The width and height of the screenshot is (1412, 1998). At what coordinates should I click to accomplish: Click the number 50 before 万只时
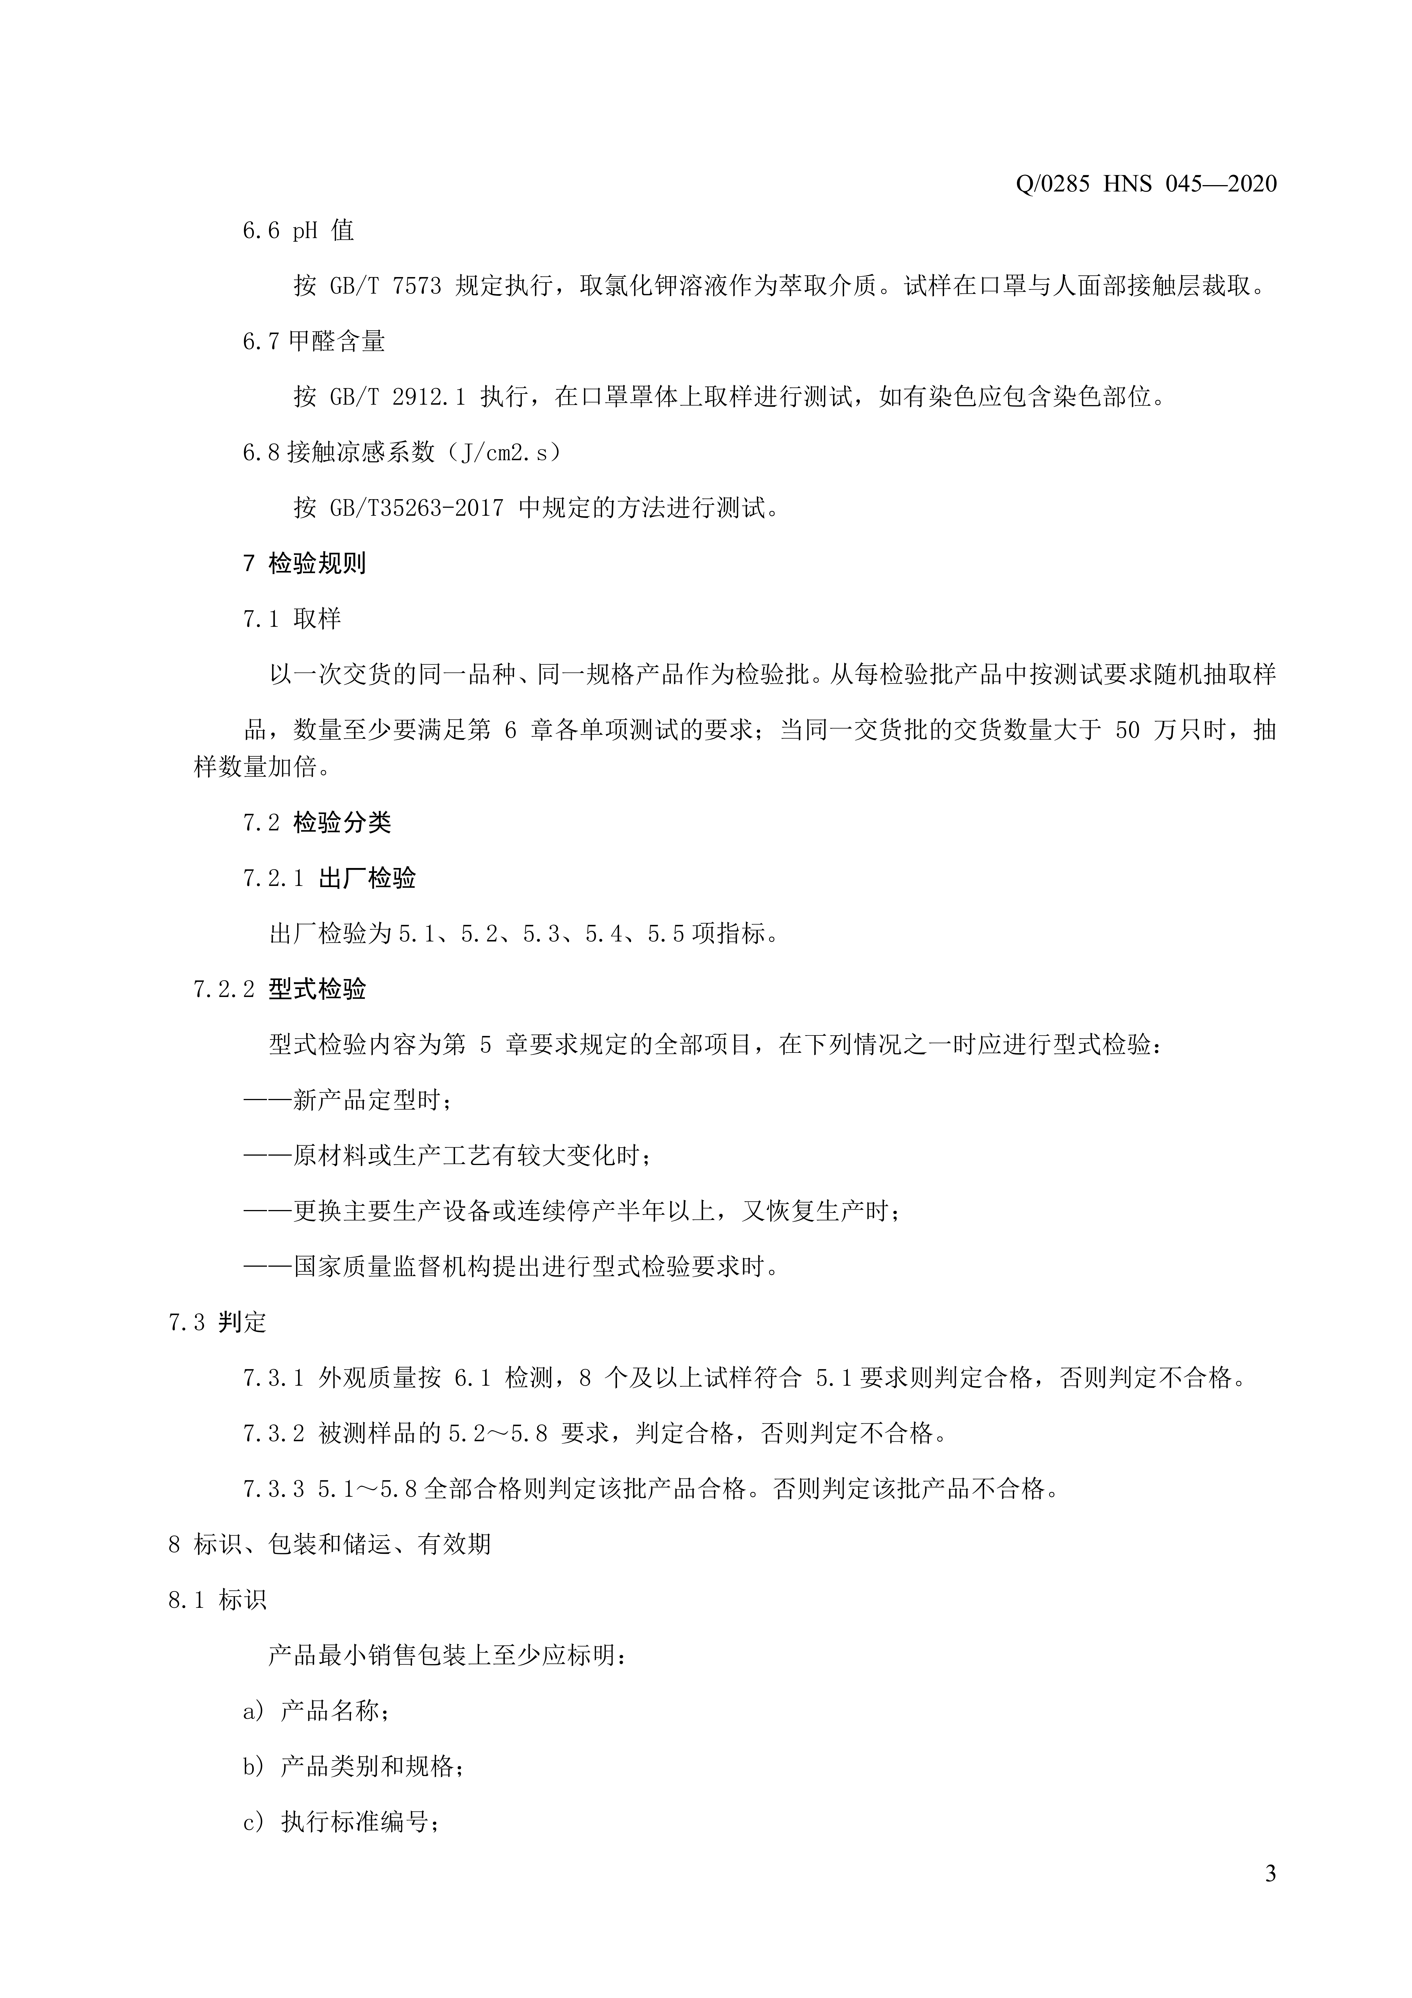1127,730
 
